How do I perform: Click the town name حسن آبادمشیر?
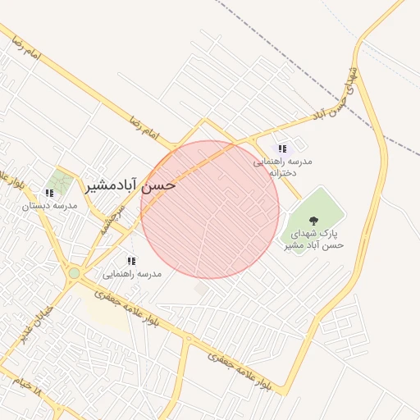[131, 185]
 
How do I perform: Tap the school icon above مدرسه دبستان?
[49, 194]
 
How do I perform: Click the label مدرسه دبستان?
[49, 205]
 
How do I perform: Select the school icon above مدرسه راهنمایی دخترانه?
[282, 148]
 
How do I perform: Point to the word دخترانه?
[276, 173]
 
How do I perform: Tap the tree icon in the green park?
[313, 219]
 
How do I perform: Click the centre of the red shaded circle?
[210, 210]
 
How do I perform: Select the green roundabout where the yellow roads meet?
[74, 272]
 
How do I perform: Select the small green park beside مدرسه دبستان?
[58, 181]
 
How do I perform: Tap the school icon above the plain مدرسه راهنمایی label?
[131, 261]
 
